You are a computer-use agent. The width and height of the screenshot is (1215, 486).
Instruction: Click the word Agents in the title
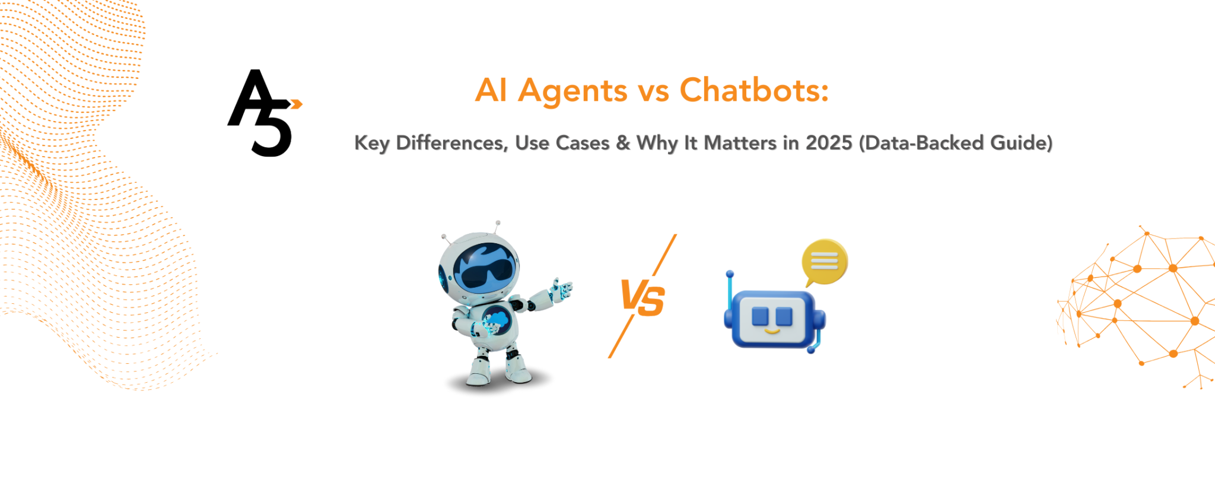tap(572, 91)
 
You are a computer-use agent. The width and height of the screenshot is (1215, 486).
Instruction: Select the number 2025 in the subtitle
tap(829, 143)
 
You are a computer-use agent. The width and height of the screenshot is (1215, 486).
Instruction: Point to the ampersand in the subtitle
tap(623, 143)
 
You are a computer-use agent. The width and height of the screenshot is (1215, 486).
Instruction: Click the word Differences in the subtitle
tap(451, 143)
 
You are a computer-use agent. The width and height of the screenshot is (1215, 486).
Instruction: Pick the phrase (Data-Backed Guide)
tap(956, 143)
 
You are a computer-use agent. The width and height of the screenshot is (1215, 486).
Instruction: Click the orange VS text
tap(643, 297)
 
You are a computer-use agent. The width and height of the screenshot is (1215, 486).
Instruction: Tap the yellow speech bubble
tap(825, 262)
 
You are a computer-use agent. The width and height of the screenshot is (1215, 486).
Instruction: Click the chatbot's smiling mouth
tap(772, 331)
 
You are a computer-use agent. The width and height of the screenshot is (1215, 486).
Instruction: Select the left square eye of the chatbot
tap(760, 316)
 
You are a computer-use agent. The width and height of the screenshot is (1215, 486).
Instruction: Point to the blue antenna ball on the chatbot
tap(730, 274)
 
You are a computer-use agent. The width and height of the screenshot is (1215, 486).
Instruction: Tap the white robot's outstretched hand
tap(561, 289)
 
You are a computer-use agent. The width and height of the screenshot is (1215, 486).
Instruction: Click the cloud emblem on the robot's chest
tap(497, 320)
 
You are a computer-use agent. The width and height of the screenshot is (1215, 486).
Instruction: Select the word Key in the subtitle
tap(371, 143)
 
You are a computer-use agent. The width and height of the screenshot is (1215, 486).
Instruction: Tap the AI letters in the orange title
tap(491, 90)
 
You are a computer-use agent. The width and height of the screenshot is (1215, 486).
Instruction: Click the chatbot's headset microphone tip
tap(812, 350)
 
